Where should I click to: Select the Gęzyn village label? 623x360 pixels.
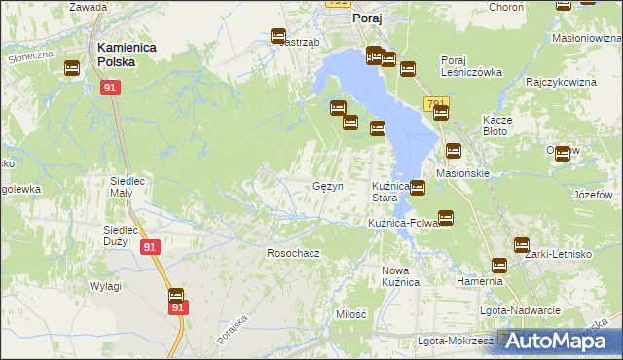(x=327, y=186)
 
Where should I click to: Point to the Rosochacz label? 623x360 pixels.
(x=293, y=253)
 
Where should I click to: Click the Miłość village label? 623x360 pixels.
(x=350, y=314)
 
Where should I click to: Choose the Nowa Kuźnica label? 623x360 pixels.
(x=400, y=275)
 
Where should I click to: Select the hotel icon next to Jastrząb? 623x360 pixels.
(x=278, y=36)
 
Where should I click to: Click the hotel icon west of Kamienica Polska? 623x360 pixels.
(x=72, y=68)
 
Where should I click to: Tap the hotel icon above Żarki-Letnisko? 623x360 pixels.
(x=522, y=245)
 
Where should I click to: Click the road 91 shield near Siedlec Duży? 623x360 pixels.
(x=148, y=248)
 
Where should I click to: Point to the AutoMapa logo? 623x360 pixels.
(x=559, y=341)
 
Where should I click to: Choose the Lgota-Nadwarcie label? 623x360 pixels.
(x=520, y=310)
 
